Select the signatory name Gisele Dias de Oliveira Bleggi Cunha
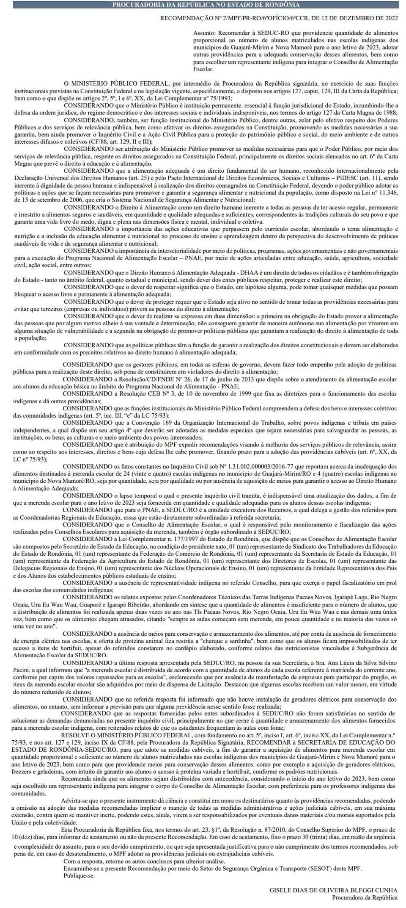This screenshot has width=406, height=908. [x=333, y=891]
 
